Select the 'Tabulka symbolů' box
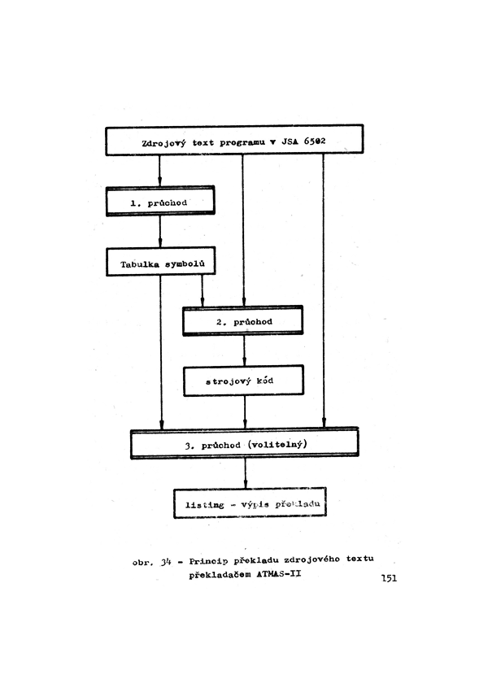[160, 263]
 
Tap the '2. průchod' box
[242, 322]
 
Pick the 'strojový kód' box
[242, 381]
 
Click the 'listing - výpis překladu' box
[250, 504]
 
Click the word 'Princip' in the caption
[207, 561]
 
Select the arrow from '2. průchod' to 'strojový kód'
[244, 350]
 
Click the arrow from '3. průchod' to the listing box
[245, 473]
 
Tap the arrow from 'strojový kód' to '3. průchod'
[245, 411]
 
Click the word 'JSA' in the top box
[290, 142]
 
